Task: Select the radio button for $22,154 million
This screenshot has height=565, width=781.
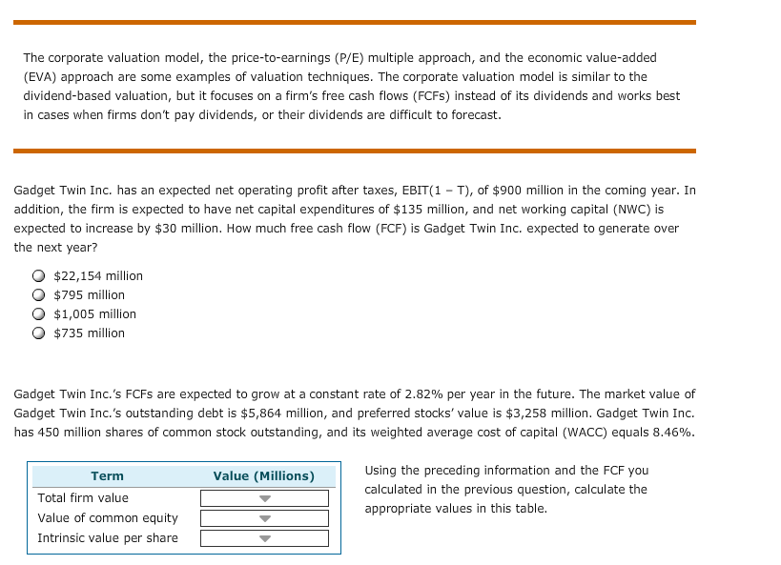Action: click(39, 276)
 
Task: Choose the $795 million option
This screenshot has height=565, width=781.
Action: click(39, 295)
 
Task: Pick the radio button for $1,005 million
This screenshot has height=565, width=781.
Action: click(39, 314)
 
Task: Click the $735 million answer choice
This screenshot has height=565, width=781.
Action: click(39, 333)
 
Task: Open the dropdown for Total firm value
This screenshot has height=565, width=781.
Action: click(264, 498)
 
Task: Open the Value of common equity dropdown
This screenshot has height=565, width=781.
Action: click(264, 518)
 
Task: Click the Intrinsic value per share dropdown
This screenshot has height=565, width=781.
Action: click(264, 538)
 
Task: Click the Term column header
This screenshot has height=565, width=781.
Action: click(107, 475)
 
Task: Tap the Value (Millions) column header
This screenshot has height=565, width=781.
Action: click(264, 475)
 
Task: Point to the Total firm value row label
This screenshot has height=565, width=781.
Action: click(83, 498)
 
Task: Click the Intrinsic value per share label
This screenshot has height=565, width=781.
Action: click(108, 538)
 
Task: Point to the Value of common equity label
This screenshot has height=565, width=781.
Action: click(108, 518)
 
